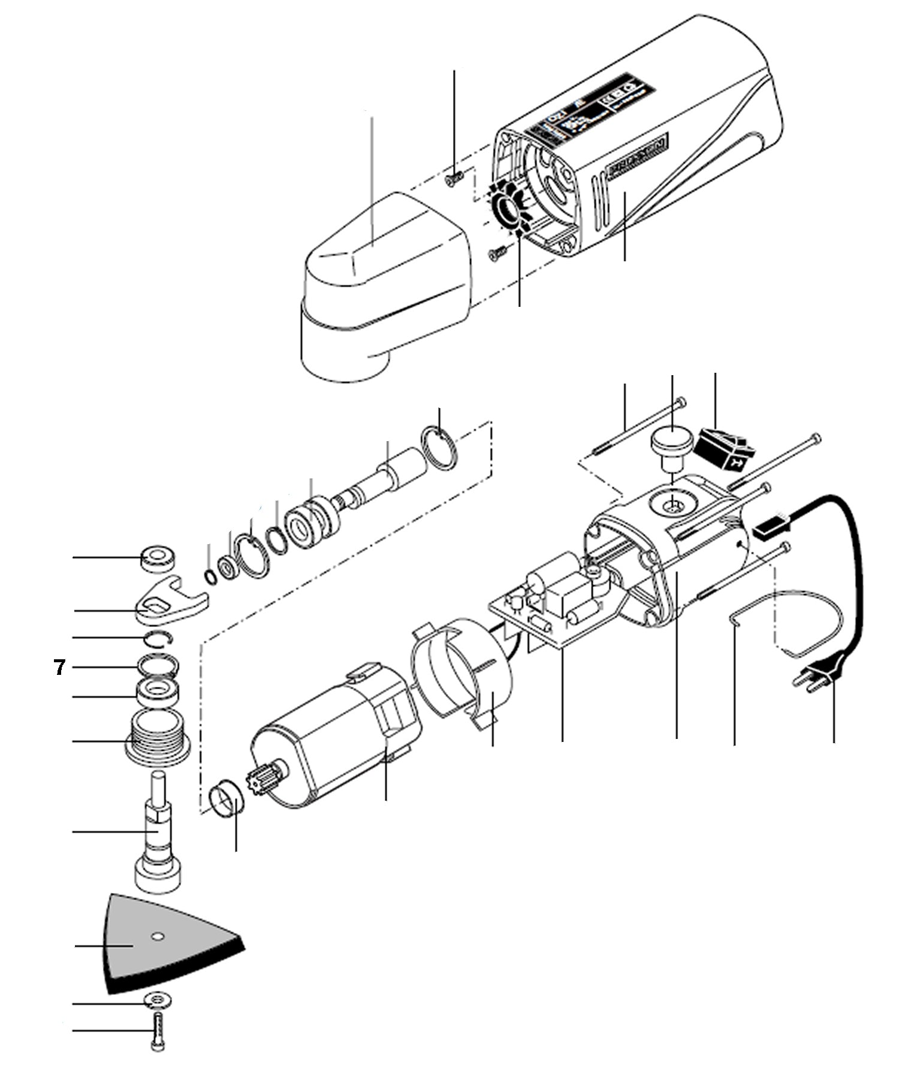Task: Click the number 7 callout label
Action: tap(59, 667)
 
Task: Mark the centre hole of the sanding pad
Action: tap(158, 935)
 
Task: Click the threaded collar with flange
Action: tap(158, 734)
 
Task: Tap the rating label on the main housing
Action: tap(590, 108)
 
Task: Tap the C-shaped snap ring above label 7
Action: tap(159, 638)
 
